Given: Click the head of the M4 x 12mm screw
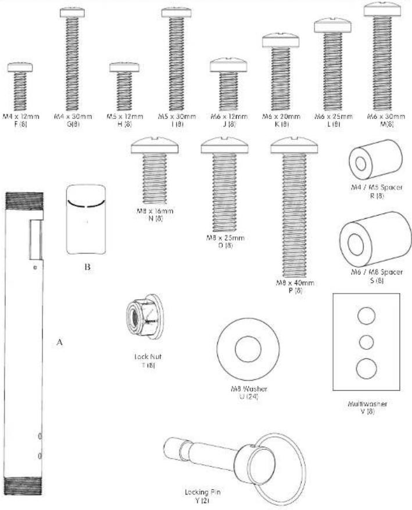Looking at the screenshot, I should tap(20, 68).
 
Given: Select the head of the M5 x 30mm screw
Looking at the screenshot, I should tap(173, 12).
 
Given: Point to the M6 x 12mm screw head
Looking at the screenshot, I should tap(229, 63).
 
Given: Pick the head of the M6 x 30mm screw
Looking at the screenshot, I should tap(384, 9).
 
